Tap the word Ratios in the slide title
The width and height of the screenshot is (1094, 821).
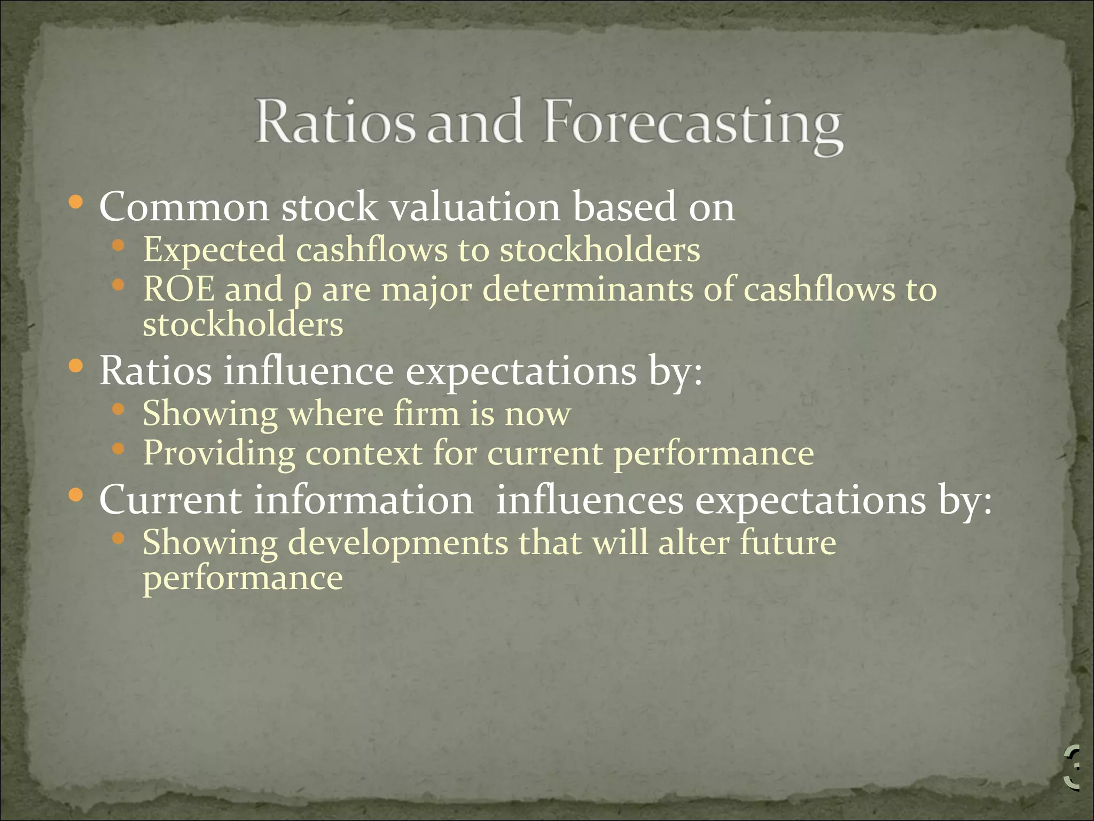[x=335, y=123]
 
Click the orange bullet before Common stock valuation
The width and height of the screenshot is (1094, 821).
[x=76, y=203]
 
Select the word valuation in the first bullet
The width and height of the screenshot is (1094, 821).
[x=475, y=207]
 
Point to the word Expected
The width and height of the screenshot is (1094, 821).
[x=214, y=250]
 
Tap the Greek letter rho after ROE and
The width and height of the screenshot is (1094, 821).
[x=302, y=292]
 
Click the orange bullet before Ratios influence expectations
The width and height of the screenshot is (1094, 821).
[x=76, y=367]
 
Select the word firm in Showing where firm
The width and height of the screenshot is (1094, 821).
[x=426, y=414]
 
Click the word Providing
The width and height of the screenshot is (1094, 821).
[x=218, y=454]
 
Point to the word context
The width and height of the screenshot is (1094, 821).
[x=364, y=453]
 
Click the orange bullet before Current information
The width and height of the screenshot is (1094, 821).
[x=76, y=495]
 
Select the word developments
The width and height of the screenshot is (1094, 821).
[x=398, y=543]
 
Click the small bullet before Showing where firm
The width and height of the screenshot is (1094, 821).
[x=119, y=410]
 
